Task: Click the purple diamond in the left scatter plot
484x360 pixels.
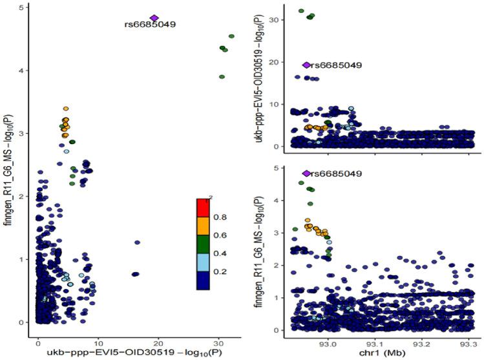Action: pos(154,18)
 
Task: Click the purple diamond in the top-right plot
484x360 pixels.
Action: pos(307,65)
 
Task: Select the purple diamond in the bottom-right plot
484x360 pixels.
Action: pos(307,173)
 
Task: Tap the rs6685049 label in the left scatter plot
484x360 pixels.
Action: pos(150,25)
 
